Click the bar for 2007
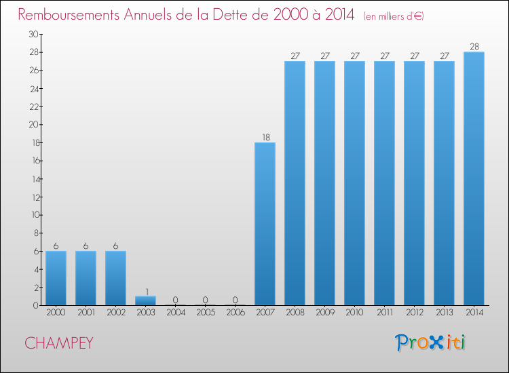tap(265, 224)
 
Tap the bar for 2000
tap(56, 278)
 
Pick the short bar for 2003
tap(145, 300)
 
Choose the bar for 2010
tap(354, 183)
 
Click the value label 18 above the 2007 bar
tap(265, 137)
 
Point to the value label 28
tap(474, 47)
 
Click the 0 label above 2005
tap(205, 300)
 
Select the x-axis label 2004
tap(175, 313)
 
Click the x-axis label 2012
tap(414, 313)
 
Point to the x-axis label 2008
tap(295, 313)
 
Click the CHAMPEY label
tap(59, 343)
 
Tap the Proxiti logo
tap(430, 342)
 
